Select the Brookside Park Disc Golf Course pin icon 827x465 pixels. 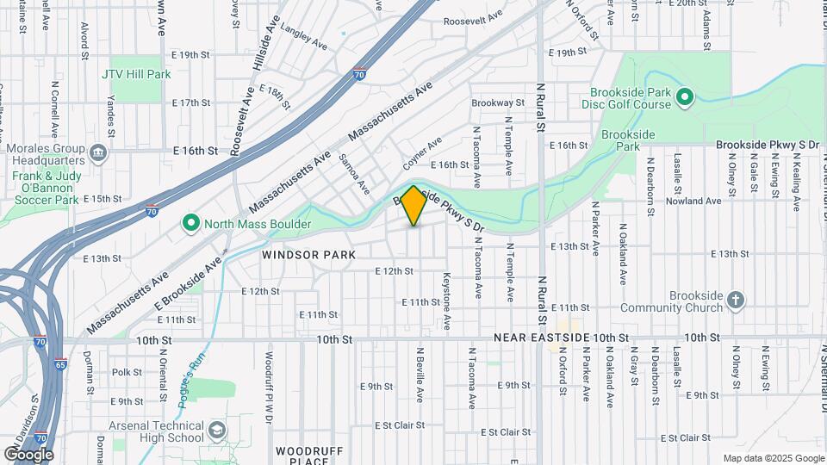(685, 97)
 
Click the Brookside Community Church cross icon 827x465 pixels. (735, 301)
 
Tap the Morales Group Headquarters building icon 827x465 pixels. (98, 155)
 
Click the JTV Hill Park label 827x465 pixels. (136, 74)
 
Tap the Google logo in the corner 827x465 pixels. (28, 454)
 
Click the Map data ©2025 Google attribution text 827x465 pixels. (773, 458)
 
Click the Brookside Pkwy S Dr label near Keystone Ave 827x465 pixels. (452, 214)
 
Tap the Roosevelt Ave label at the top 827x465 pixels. (472, 18)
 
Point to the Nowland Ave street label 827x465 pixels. (699, 201)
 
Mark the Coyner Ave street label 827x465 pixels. (422, 152)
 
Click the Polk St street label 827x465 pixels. (126, 372)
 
